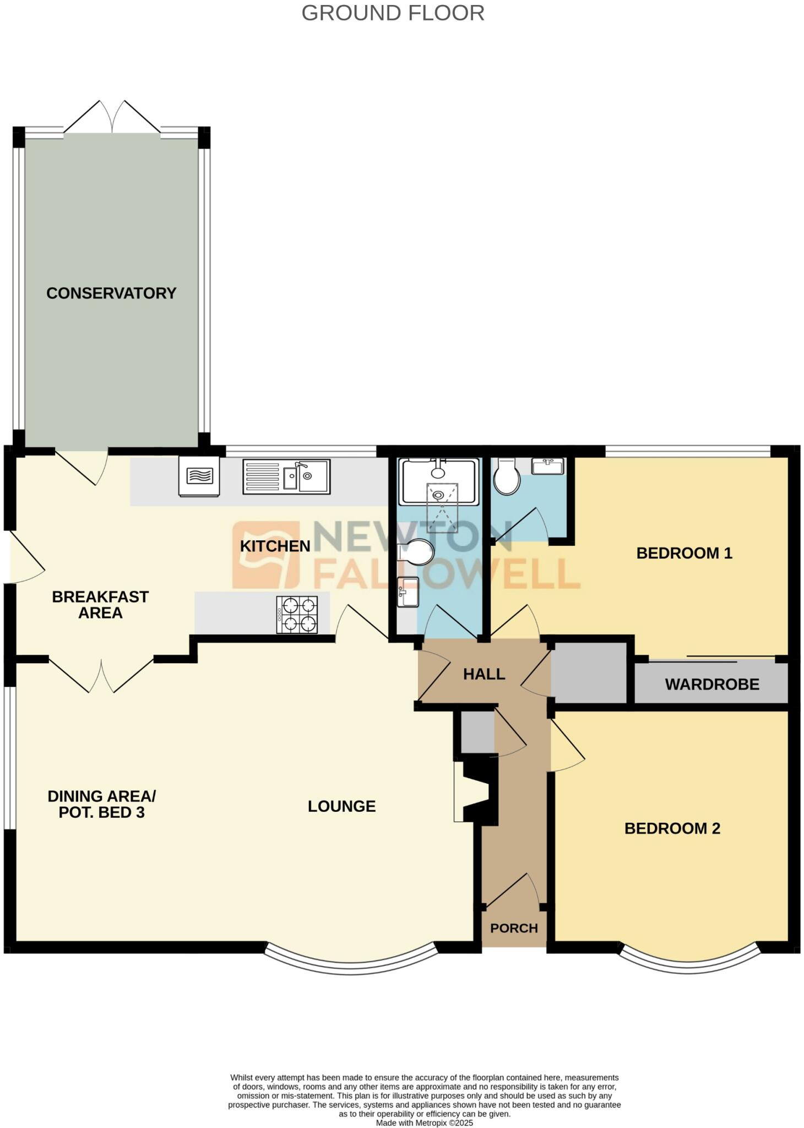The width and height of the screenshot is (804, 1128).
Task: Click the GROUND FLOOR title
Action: (393, 13)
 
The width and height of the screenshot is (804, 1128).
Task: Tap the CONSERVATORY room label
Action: (111, 293)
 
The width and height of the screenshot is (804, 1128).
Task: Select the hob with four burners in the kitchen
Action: (297, 615)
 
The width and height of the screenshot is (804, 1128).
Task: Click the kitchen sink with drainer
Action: (286, 476)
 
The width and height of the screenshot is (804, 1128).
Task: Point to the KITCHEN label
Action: (275, 546)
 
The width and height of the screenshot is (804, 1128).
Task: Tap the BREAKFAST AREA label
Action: (100, 604)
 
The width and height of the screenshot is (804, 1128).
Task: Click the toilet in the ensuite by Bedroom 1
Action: (506, 478)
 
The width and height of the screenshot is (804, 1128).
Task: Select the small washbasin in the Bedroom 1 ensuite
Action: (547, 466)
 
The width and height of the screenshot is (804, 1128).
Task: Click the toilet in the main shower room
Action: (417, 551)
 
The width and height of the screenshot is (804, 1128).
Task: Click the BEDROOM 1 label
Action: (684, 553)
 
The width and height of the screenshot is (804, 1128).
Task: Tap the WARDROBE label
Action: (711, 684)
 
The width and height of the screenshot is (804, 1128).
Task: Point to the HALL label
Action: (484, 674)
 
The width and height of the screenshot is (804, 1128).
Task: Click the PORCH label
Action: (514, 928)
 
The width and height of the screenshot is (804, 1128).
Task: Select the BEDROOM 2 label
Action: (672, 828)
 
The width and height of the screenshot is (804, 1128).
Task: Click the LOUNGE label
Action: (341, 806)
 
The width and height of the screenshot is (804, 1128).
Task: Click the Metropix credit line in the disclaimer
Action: (424, 1122)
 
